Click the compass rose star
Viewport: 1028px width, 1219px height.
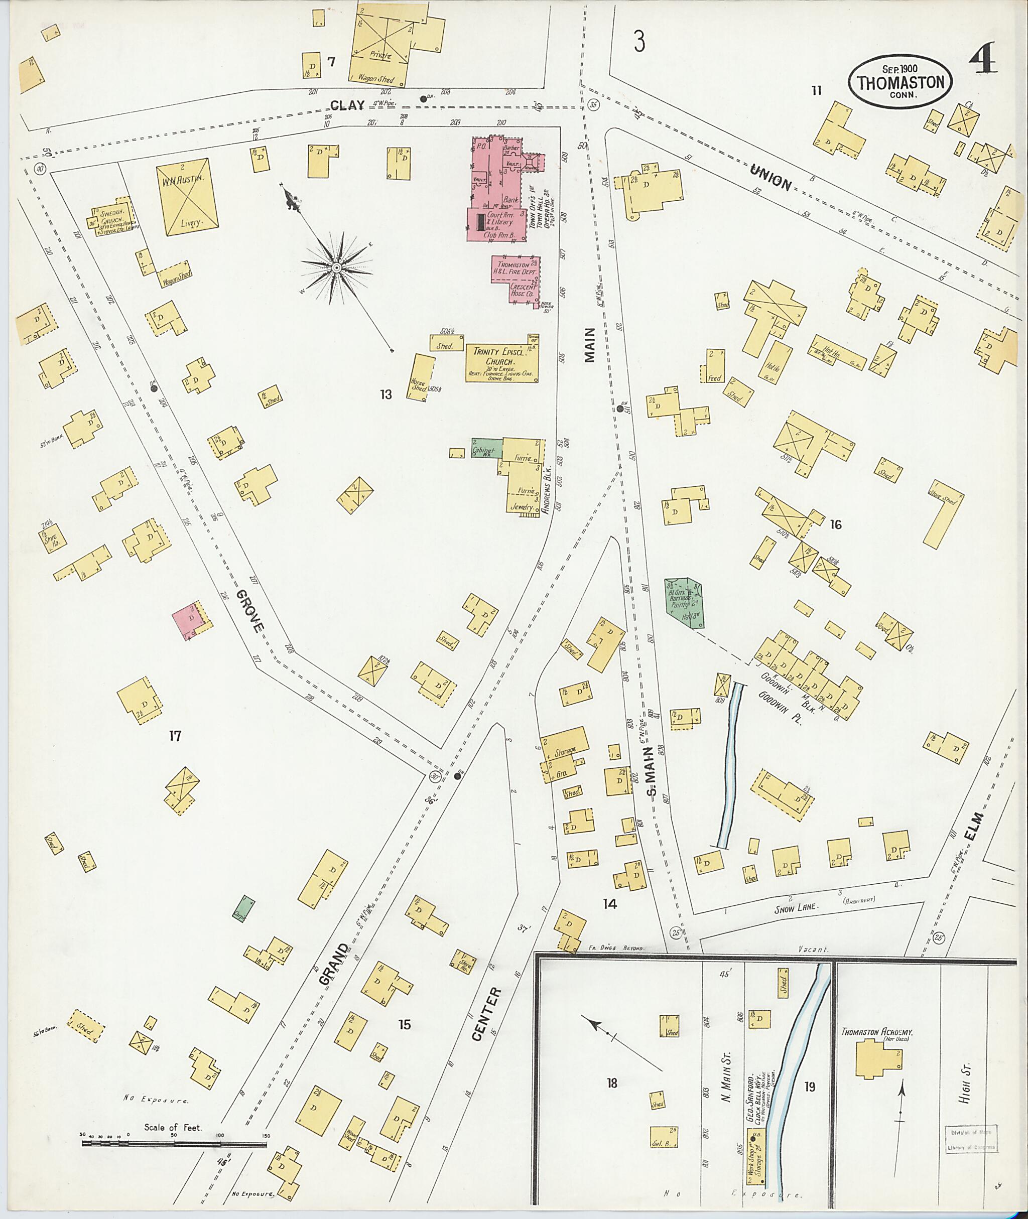(x=336, y=267)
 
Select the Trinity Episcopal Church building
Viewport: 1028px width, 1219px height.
(x=501, y=362)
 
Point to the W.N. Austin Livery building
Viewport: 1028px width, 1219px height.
(x=187, y=197)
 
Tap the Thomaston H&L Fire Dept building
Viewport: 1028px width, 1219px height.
(x=515, y=279)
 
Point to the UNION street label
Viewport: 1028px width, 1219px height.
(x=771, y=178)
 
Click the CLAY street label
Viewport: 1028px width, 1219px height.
(x=347, y=105)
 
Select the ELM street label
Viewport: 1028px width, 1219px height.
(x=973, y=827)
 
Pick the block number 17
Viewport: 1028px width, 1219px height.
(x=175, y=736)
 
